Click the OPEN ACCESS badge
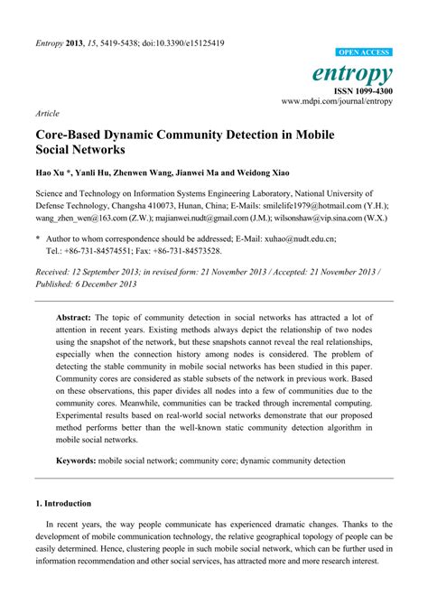(364, 53)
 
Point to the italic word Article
(48, 116)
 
